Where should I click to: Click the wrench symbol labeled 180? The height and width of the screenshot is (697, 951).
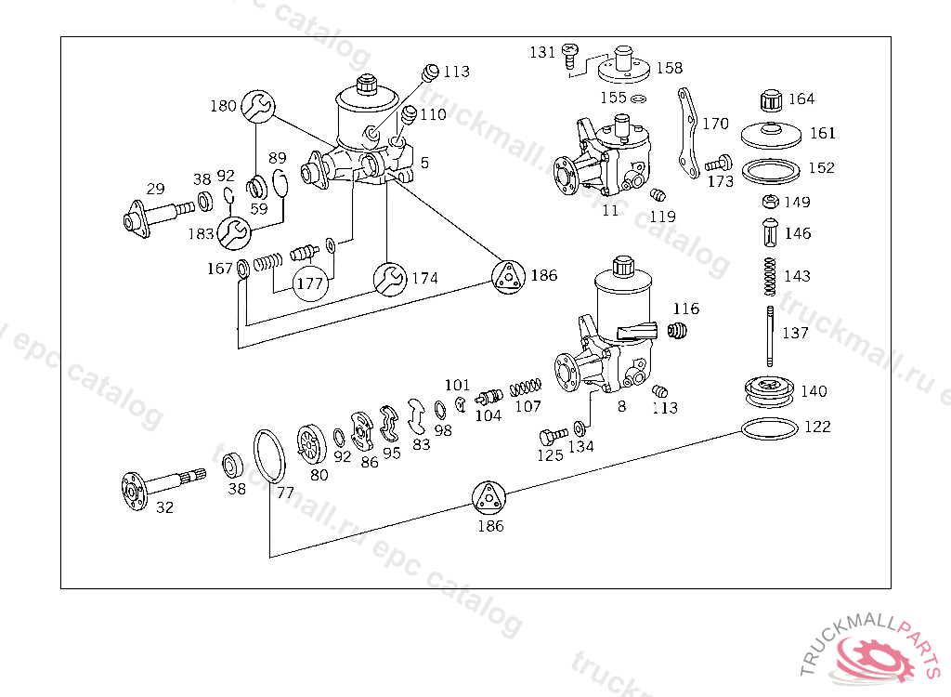tap(258, 106)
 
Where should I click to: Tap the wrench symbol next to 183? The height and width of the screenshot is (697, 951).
tap(233, 232)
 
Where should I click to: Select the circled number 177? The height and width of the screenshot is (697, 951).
tap(310, 283)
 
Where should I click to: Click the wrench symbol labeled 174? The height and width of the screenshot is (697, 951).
tap(390, 280)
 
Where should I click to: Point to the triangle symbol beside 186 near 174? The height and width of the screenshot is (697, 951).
tap(508, 277)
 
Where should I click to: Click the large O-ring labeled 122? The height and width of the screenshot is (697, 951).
tap(769, 428)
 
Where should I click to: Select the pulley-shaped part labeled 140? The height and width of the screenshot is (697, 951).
tap(769, 392)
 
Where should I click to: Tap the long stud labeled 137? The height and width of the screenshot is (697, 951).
tap(770, 336)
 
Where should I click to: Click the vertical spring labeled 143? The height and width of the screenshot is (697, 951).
tap(770, 276)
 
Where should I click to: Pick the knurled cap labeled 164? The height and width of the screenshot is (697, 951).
tap(771, 100)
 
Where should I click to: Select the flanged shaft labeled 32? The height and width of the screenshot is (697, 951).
tap(163, 487)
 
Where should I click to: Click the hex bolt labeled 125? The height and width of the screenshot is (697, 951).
tap(554, 436)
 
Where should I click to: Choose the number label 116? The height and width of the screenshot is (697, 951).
tap(686, 309)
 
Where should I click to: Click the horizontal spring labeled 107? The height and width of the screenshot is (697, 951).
tap(526, 387)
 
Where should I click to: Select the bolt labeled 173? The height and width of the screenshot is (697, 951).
tap(719, 164)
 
